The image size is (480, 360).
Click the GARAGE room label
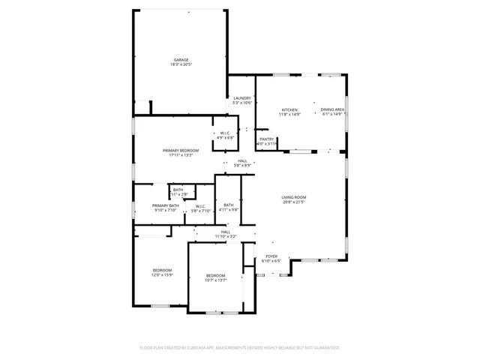point(181,60)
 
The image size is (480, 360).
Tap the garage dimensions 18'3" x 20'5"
point(181,65)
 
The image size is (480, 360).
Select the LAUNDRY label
point(241,98)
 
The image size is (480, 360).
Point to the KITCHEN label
point(289,109)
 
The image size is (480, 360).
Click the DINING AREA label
point(332,109)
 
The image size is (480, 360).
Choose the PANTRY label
point(266,139)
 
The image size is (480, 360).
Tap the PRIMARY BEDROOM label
point(181,151)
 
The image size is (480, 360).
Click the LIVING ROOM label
point(294,197)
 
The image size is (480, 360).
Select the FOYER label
point(271,256)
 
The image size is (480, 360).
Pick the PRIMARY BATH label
point(165,205)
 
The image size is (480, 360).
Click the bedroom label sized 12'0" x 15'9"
point(163,270)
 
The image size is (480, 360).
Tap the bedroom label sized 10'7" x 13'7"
point(215,275)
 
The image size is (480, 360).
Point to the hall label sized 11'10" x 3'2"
point(226,232)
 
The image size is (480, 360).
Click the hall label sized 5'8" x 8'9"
point(242,160)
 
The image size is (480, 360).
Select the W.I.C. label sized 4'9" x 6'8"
point(226,133)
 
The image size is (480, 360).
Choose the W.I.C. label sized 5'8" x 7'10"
point(201,206)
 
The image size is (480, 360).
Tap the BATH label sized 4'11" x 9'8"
point(228,205)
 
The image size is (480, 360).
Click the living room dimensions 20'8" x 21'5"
point(294,202)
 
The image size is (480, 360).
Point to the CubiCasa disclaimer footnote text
point(240,348)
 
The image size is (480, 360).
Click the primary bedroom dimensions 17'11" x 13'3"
point(181,155)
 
